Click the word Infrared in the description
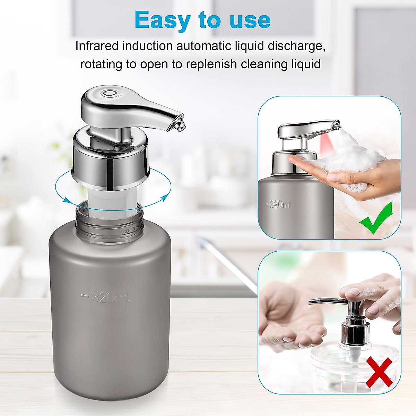click(97, 46)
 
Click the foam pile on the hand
click(350, 156)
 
